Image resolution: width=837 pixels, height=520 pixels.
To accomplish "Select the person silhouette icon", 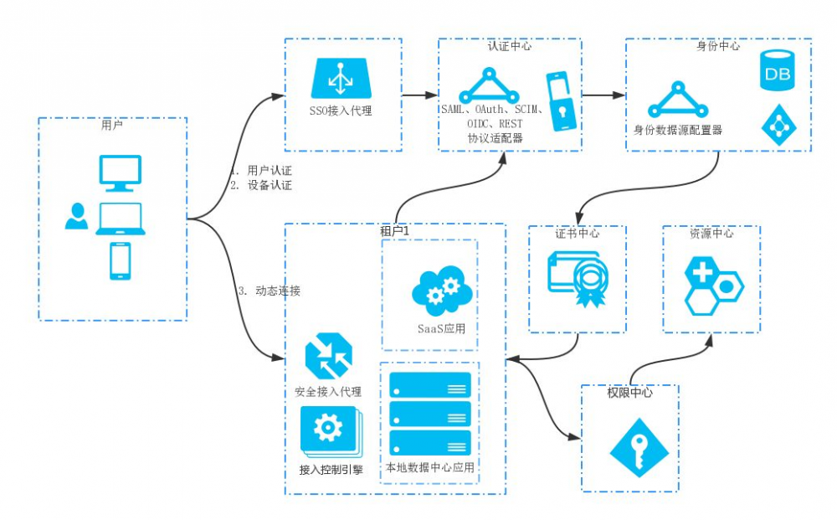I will pyautogui.click(x=76, y=216).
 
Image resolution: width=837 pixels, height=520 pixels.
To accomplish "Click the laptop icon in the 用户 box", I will pyautogui.click(x=121, y=219).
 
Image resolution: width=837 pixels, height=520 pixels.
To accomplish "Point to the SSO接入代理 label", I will pyautogui.click(x=341, y=111).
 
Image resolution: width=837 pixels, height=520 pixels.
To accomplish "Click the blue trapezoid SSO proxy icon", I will pyautogui.click(x=341, y=79).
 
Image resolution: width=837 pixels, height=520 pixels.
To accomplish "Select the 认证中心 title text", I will pyautogui.click(x=509, y=47).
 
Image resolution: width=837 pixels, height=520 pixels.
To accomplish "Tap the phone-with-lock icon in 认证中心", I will pyautogui.click(x=560, y=100).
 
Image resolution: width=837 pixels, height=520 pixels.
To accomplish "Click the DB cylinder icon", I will pyautogui.click(x=776, y=72).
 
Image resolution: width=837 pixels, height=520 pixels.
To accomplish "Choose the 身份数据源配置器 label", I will pyautogui.click(x=678, y=130).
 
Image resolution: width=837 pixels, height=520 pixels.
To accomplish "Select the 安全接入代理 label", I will pyautogui.click(x=328, y=391).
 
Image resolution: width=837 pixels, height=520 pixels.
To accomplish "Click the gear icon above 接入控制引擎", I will pyautogui.click(x=327, y=428).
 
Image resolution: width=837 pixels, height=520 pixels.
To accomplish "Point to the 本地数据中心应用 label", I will pyautogui.click(x=430, y=467).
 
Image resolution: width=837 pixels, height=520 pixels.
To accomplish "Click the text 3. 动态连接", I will pyautogui.click(x=269, y=291).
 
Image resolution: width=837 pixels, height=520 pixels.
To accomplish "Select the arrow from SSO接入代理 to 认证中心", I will pyautogui.click(x=419, y=95).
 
